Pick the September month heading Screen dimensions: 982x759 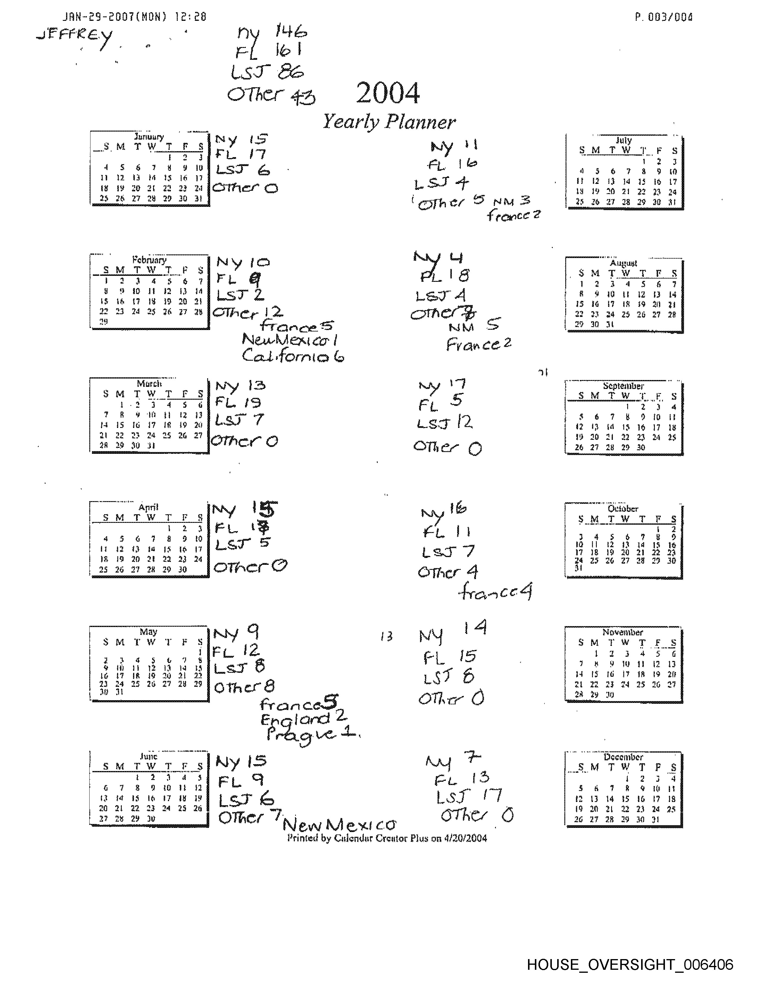tap(623, 386)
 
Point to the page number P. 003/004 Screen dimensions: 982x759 tap(664, 17)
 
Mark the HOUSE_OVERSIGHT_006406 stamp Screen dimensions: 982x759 tap(630, 964)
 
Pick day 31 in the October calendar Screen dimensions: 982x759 tap(579, 568)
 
